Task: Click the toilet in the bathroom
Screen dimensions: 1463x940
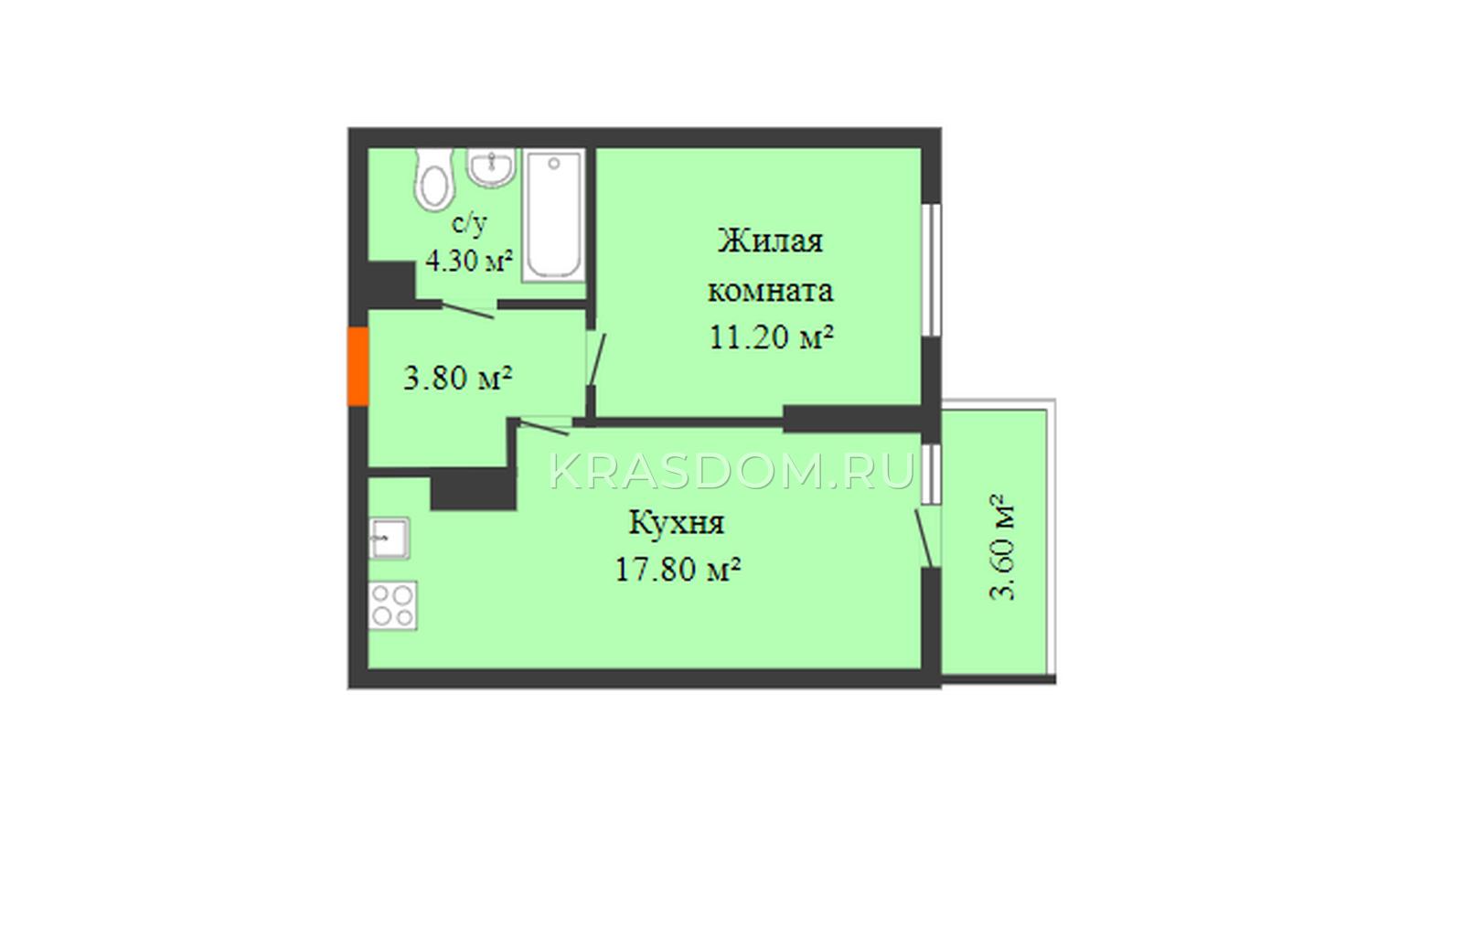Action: click(x=433, y=179)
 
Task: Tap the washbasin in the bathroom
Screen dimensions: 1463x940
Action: click(x=492, y=168)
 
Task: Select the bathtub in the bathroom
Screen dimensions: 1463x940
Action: click(x=553, y=216)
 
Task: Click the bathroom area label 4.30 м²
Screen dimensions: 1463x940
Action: click(x=469, y=262)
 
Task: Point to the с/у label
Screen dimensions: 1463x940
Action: click(x=469, y=223)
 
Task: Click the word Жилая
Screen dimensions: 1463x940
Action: click(x=771, y=241)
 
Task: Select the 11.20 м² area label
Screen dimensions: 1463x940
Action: click(x=772, y=337)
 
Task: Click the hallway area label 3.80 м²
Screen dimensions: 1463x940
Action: click(x=457, y=378)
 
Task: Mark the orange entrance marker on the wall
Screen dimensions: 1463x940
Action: click(x=358, y=367)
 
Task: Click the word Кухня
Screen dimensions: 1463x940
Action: click(x=676, y=523)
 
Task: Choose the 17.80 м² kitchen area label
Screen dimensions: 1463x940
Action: click(x=678, y=570)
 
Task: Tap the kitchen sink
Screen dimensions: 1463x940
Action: click(x=390, y=539)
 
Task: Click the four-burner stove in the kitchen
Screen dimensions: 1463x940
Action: click(x=392, y=605)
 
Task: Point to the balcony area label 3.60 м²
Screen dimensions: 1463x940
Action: click(x=1002, y=548)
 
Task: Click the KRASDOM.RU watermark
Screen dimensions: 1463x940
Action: click(x=731, y=472)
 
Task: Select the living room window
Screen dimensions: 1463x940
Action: click(x=932, y=271)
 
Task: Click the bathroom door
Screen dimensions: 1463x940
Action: click(x=467, y=309)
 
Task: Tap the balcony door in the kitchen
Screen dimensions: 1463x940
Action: click(x=925, y=539)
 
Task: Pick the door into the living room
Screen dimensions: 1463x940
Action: click(x=597, y=360)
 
